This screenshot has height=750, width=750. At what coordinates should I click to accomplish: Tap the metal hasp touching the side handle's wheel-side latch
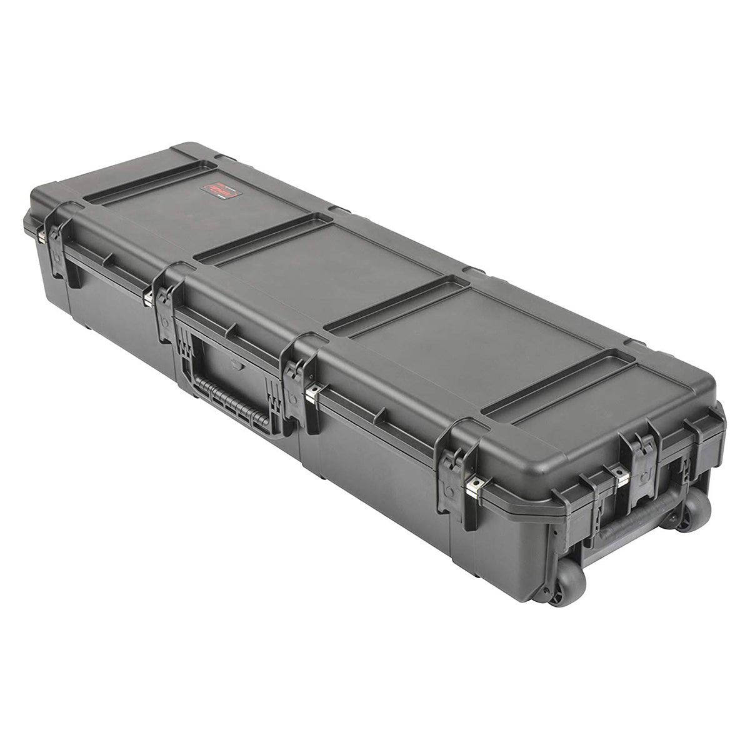click(x=314, y=392)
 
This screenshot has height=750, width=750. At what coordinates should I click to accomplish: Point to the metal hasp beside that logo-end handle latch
click(x=149, y=297)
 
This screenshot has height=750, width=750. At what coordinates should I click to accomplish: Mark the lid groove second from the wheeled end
click(x=397, y=304)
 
